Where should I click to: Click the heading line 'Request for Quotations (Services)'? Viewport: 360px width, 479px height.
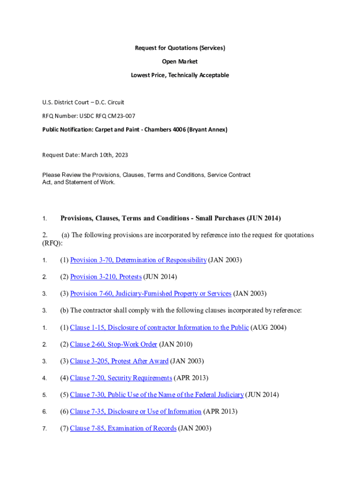pos(180,48)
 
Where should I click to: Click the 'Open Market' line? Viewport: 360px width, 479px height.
pos(180,62)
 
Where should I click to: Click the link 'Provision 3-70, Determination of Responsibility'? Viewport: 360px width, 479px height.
pos(138,260)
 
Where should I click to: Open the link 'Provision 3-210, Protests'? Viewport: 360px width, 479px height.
pos(106,277)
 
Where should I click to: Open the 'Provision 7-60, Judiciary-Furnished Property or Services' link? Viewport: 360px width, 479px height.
pos(151,294)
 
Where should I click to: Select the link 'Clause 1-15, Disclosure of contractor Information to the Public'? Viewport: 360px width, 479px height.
pos(159,327)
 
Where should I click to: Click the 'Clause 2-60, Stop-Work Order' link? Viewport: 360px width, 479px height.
pos(113,344)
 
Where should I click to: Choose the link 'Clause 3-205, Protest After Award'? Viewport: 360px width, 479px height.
pos(119,361)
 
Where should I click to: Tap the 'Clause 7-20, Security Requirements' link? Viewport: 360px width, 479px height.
pos(121,378)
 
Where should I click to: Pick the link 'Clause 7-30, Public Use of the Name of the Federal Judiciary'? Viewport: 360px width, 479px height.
pos(157,395)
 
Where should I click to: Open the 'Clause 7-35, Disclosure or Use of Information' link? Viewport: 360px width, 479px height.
pos(136,412)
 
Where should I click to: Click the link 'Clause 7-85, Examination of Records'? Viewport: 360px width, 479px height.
pos(123,428)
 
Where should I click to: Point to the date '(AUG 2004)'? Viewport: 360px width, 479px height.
pos(268,327)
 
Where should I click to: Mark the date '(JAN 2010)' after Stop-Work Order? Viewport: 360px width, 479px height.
pos(176,344)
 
